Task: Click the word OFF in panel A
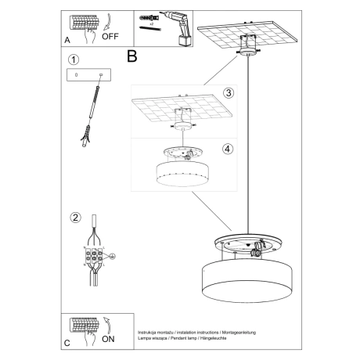click(110, 34)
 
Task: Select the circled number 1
click(73, 59)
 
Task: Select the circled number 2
click(74, 217)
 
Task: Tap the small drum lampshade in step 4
click(182, 174)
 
